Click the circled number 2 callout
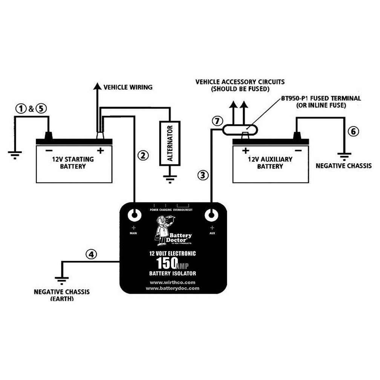click(x=142, y=155)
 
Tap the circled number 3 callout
click(x=203, y=175)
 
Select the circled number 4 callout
click(x=90, y=254)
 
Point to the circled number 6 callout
click(x=353, y=132)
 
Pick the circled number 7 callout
click(x=216, y=121)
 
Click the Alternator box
click(x=170, y=143)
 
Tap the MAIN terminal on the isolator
click(x=135, y=215)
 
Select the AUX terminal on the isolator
click(x=211, y=215)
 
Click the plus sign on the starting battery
click(x=100, y=151)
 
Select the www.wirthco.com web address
click(x=173, y=282)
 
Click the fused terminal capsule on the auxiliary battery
click(x=240, y=130)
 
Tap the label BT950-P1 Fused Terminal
click(x=320, y=98)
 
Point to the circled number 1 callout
click(x=20, y=109)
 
